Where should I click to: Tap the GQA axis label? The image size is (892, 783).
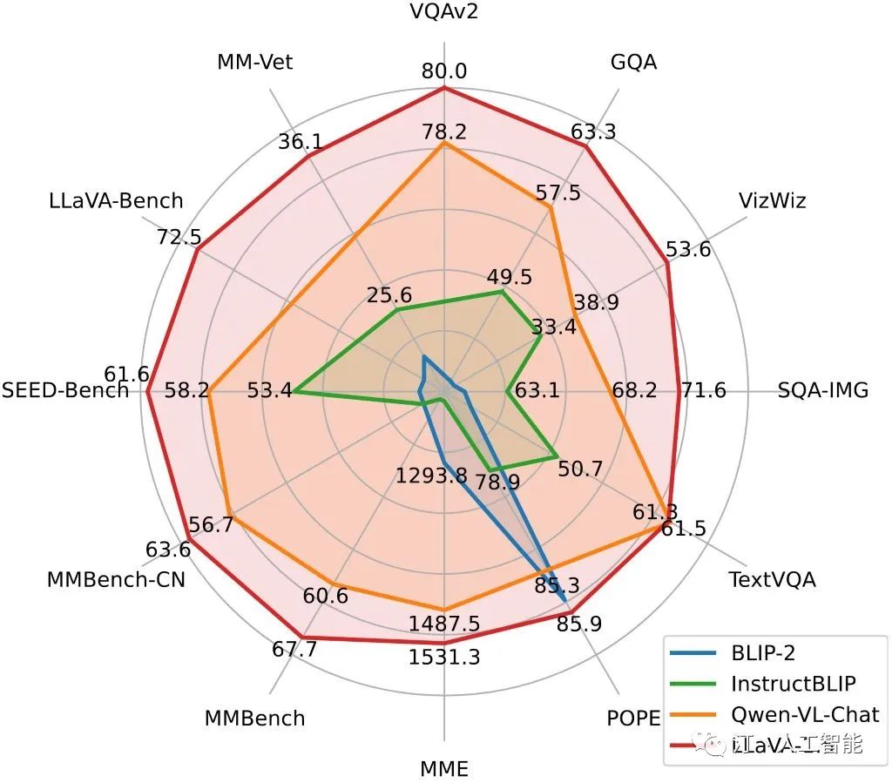[x=633, y=62]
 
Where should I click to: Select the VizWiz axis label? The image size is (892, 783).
[x=772, y=201]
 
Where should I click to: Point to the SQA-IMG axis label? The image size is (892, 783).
[x=823, y=390]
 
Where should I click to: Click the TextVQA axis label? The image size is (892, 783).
[x=772, y=579]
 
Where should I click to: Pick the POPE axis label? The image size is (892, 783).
[x=633, y=719]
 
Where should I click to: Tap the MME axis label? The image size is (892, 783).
[x=444, y=769]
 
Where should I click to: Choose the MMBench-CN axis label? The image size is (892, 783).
[x=116, y=579]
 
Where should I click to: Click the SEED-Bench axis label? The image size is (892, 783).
[x=65, y=390]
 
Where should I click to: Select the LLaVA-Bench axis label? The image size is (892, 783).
[x=116, y=201]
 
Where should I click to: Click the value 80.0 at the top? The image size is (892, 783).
[x=444, y=71]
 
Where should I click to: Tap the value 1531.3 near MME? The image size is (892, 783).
[x=444, y=658]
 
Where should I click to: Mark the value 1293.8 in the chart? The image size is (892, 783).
[x=431, y=476]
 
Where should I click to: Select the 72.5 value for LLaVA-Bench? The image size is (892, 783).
[x=178, y=237]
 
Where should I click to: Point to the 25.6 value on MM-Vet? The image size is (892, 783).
[x=389, y=295]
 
